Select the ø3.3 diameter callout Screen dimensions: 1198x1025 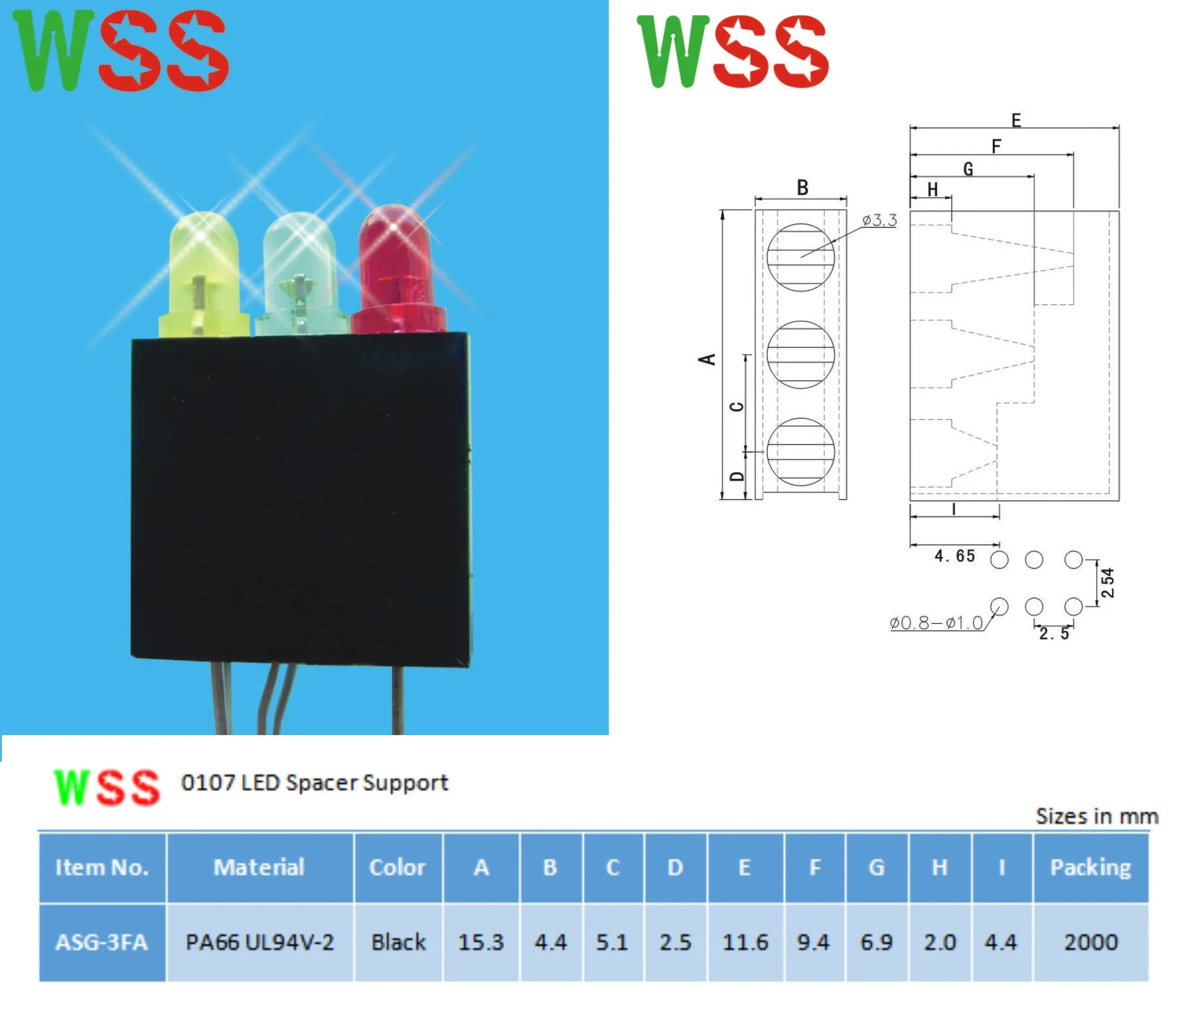[879, 220]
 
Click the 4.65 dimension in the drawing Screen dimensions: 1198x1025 [954, 556]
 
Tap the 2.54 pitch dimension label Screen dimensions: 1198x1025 [1108, 583]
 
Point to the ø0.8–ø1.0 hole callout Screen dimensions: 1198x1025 [936, 623]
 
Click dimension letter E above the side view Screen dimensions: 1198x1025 [1015, 121]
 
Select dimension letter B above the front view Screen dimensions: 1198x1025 [802, 188]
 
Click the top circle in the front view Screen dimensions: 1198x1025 [800, 257]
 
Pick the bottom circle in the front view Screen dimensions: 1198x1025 [800, 452]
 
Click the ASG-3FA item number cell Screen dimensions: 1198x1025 [102, 942]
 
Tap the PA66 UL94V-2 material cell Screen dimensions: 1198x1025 [260, 942]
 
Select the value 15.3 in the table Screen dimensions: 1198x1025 [481, 942]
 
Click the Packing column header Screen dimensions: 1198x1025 [1091, 868]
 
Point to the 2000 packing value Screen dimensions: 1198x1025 [1091, 942]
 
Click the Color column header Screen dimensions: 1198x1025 [397, 868]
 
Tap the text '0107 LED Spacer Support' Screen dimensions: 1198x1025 [314, 783]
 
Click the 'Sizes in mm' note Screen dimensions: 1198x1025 [1097, 817]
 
